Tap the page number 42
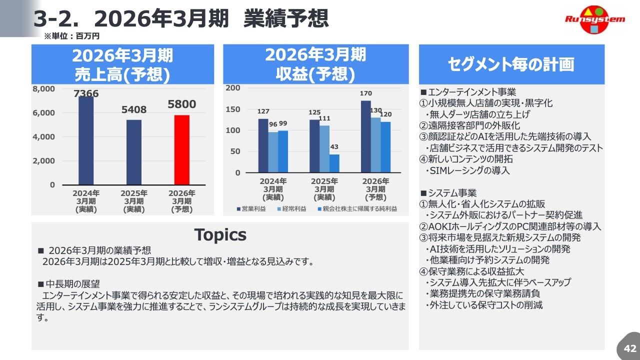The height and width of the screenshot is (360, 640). point(629,348)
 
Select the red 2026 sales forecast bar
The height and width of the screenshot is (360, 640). point(182,149)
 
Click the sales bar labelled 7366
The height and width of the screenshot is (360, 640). point(86,140)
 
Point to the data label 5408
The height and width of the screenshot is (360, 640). point(134,109)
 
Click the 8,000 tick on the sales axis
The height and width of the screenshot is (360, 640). point(44,89)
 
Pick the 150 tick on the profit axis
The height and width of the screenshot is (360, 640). point(233,109)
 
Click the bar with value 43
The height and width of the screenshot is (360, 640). point(334,163)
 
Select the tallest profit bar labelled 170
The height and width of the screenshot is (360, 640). point(365,136)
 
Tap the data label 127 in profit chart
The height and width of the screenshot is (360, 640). point(263,111)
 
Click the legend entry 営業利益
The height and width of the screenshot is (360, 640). point(253,208)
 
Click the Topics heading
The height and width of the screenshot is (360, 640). point(220,234)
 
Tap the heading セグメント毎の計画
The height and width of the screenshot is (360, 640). point(511,64)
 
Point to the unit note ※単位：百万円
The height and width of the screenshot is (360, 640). point(72,36)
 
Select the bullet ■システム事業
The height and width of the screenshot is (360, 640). point(448,193)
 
